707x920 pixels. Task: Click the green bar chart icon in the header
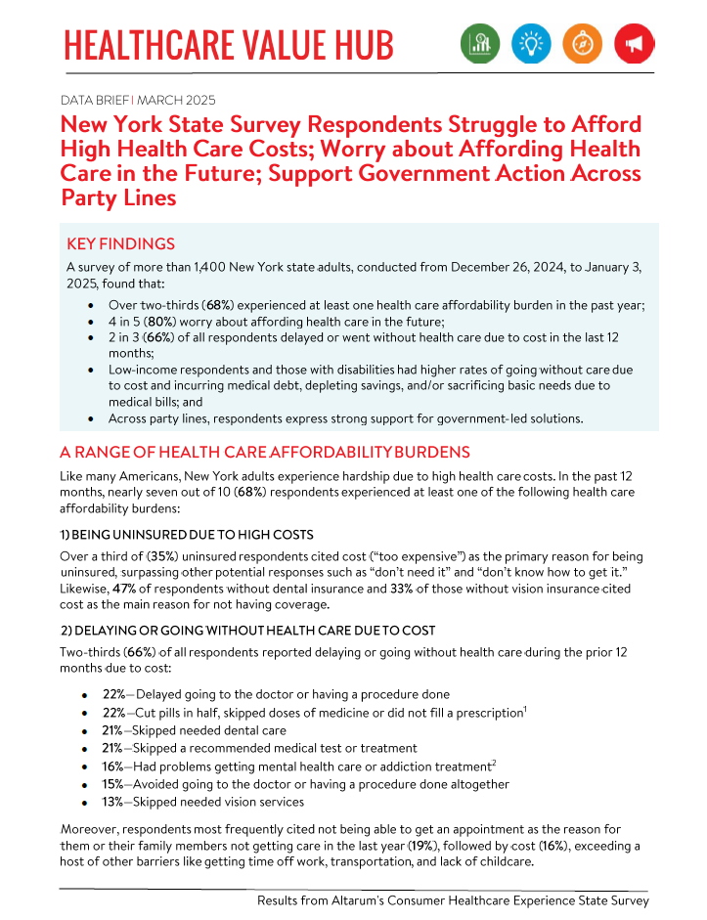tap(480, 43)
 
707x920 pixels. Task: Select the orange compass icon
tap(582, 43)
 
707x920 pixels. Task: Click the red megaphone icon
tap(634, 43)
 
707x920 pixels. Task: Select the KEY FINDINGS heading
tap(120, 243)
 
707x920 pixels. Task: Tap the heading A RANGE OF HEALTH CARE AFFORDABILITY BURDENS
tap(265, 452)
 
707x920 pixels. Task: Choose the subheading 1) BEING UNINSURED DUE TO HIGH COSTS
tap(187, 535)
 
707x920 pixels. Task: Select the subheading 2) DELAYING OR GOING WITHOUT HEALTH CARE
tap(247, 630)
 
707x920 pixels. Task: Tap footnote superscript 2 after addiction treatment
tap(495, 762)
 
